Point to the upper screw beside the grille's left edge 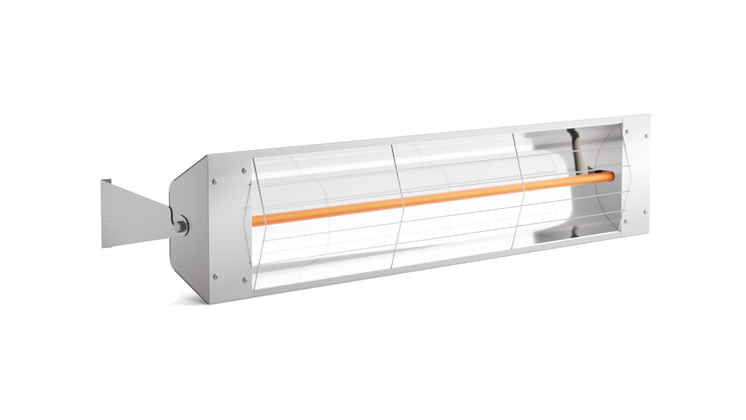(x=244, y=170)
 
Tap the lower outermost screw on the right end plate (x=645, y=212)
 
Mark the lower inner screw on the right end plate (x=626, y=220)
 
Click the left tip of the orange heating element (x=255, y=220)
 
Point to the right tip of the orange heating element (x=612, y=176)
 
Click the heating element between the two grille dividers (x=458, y=195)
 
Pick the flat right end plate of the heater (x=637, y=174)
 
